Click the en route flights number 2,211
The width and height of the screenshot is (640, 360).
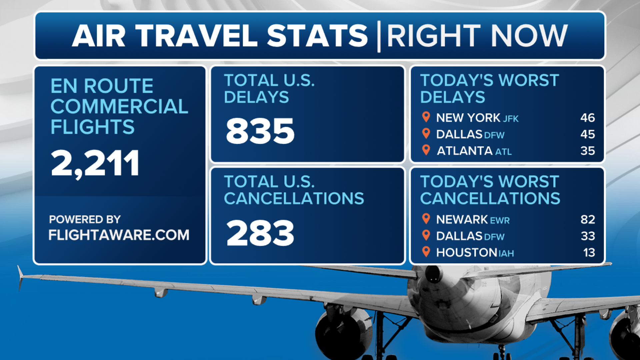point(95,164)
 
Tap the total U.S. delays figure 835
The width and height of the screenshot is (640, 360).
point(260,131)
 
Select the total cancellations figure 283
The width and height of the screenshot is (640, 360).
point(260,233)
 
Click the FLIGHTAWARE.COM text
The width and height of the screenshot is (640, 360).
point(119,235)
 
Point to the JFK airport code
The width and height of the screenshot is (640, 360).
point(511,119)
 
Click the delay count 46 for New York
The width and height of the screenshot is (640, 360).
point(588,118)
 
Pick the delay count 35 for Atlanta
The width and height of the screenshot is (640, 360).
point(588,151)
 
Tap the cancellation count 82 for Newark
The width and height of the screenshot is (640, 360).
point(588,219)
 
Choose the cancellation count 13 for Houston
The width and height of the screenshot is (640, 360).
point(589,252)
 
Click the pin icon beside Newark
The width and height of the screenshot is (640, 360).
point(426,219)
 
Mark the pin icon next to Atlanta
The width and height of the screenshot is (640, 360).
point(426,150)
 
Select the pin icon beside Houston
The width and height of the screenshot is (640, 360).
point(426,252)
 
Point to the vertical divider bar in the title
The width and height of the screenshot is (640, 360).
point(379,36)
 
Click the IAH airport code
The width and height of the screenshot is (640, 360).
point(506,254)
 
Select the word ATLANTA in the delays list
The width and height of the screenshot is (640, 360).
point(465,151)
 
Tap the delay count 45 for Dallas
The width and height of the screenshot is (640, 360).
point(588,134)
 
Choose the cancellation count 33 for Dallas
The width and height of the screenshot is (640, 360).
point(588,236)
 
